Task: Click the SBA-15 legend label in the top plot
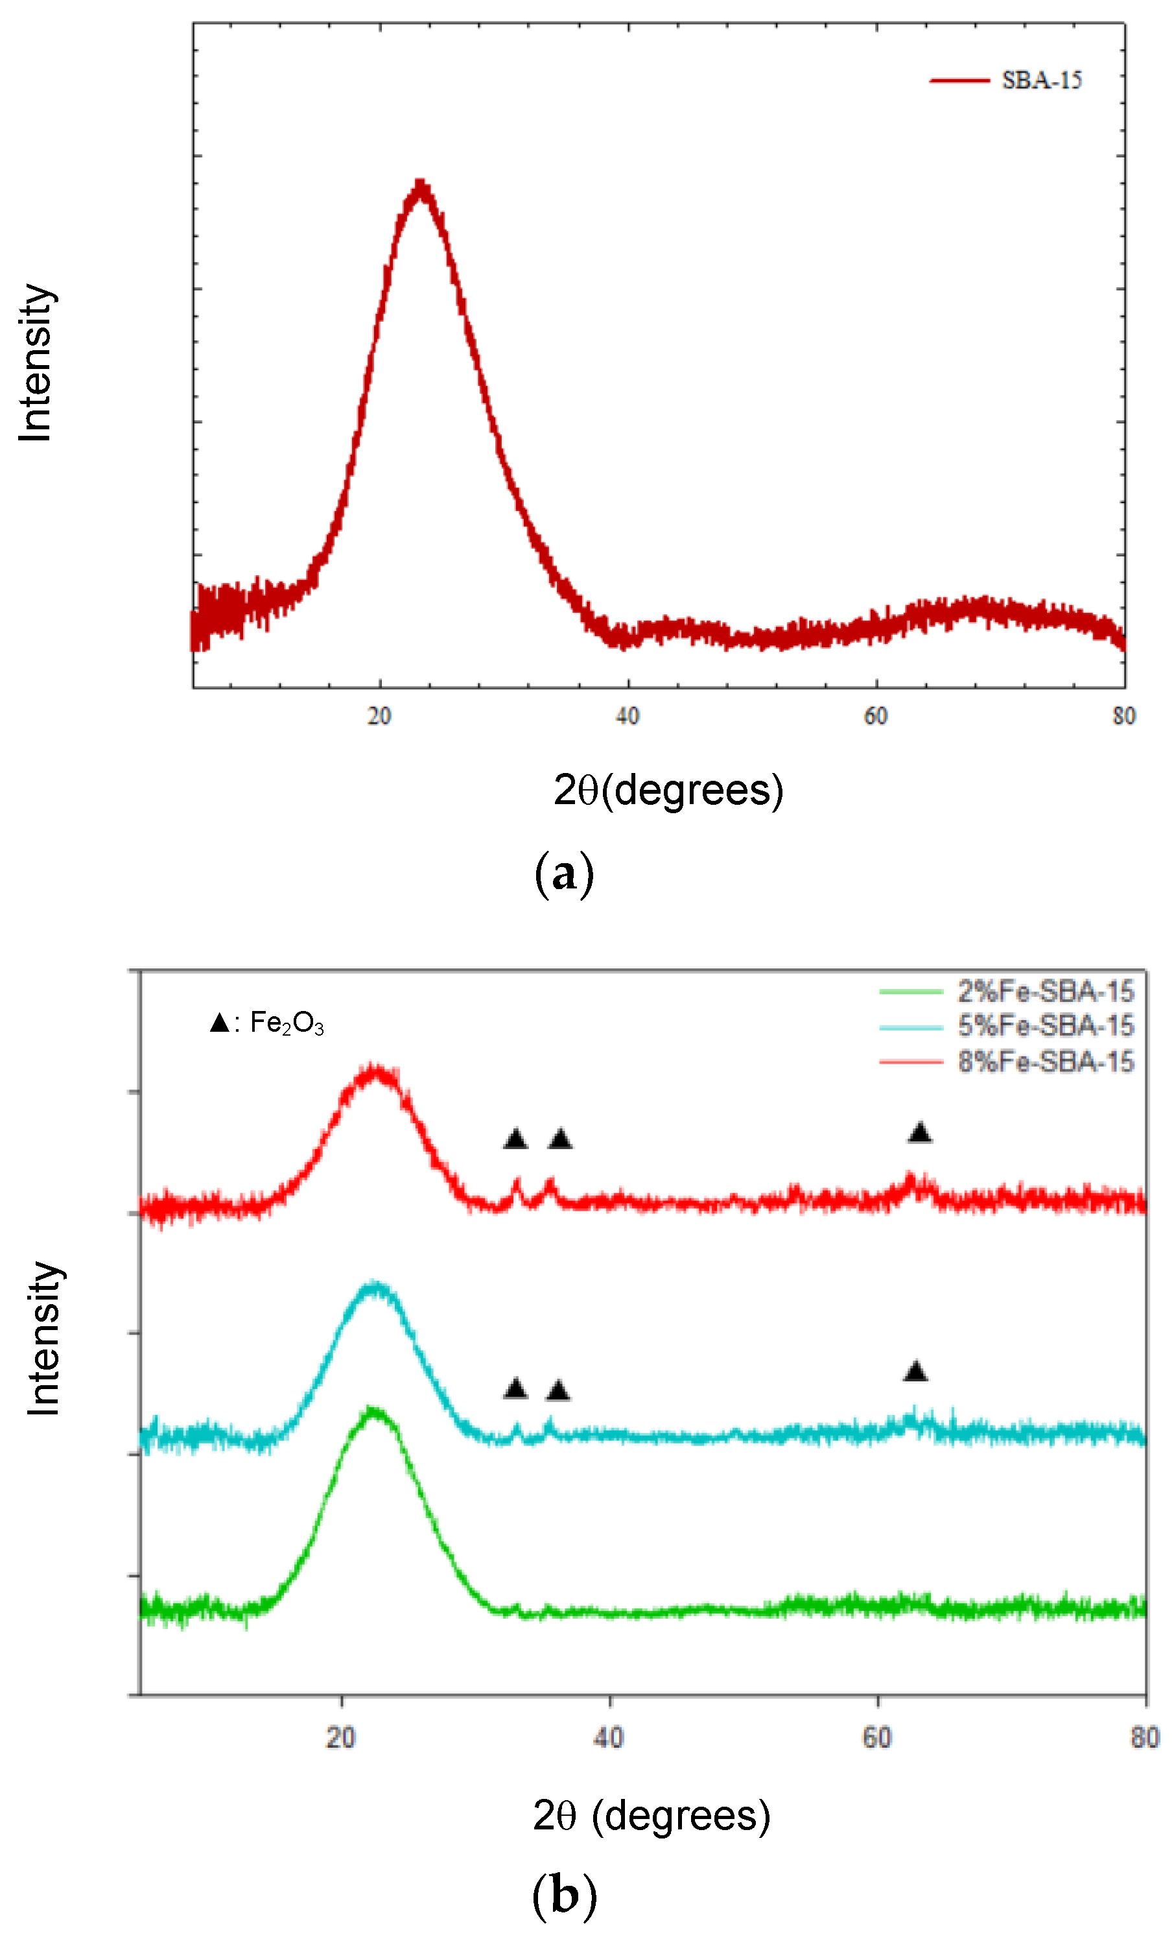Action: coord(1041,80)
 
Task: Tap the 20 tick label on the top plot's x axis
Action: coord(379,716)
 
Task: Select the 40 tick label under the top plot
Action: coord(627,716)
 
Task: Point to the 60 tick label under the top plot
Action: coord(875,716)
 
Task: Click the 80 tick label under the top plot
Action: coord(1123,716)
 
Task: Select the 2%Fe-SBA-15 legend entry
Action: coord(1045,992)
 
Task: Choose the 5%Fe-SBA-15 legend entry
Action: coord(1045,1026)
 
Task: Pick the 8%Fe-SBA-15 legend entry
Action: coord(1045,1062)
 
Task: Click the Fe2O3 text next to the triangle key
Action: coord(287,1023)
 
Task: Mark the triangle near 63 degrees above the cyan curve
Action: coord(915,1372)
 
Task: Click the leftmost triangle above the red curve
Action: coord(515,1139)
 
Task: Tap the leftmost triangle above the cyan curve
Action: coord(515,1388)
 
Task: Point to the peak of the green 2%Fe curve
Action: coord(374,1411)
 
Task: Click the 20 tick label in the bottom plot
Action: coord(341,1737)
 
